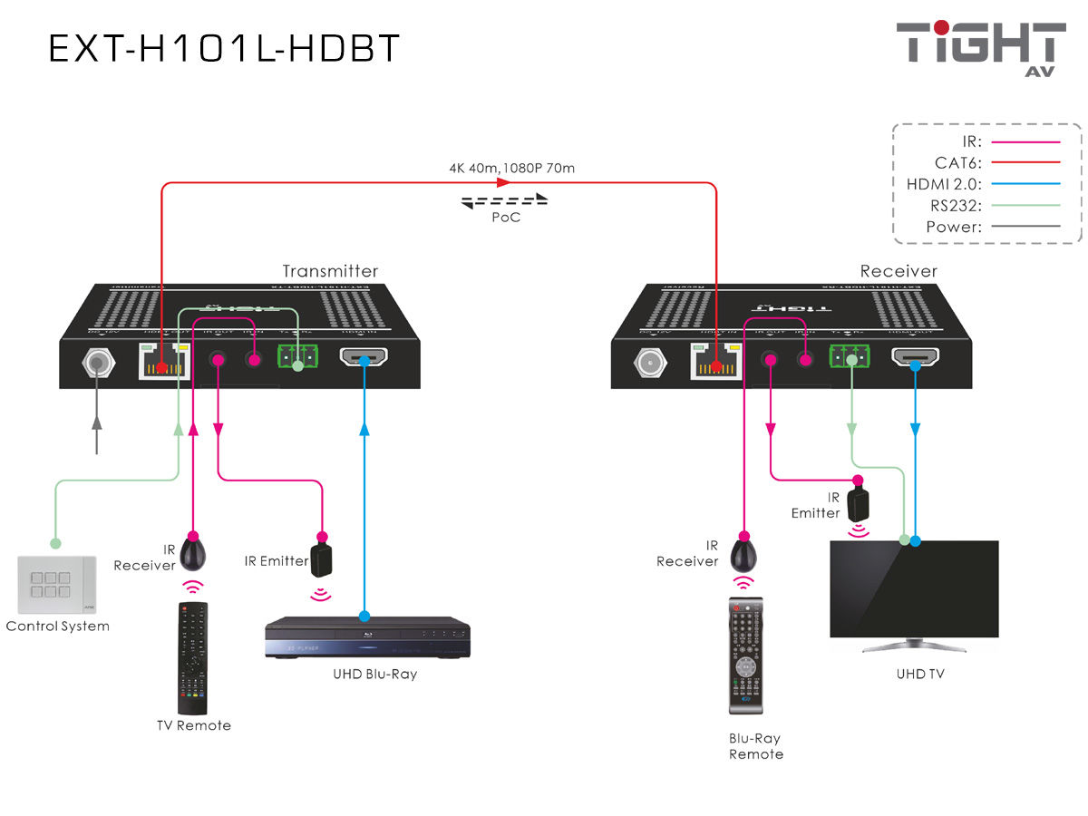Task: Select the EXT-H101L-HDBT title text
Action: click(x=224, y=49)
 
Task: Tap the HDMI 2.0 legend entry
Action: click(x=983, y=184)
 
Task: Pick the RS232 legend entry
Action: click(x=983, y=206)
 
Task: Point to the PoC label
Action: click(x=506, y=218)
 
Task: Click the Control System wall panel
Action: click(x=56, y=585)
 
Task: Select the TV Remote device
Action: click(x=191, y=657)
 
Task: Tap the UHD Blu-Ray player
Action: click(x=367, y=638)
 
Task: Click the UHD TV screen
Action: click(x=914, y=588)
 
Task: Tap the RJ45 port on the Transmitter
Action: click(x=162, y=363)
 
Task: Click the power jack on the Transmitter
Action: click(x=96, y=364)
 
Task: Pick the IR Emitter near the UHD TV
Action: click(x=857, y=504)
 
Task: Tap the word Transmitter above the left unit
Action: click(x=330, y=271)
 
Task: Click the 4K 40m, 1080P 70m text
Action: click(x=511, y=168)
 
